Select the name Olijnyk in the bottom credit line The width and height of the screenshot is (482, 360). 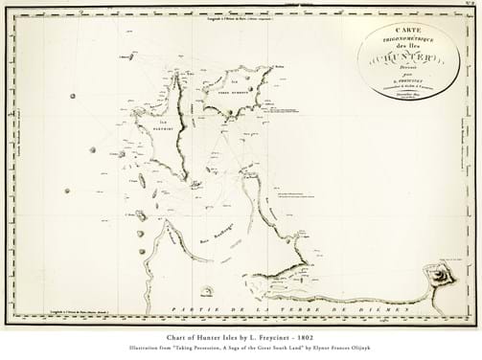tap(375, 349)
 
